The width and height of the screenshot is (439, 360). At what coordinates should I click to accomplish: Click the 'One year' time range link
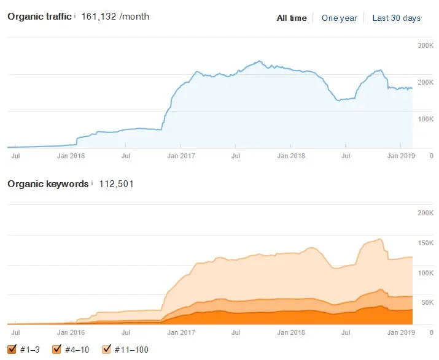pos(339,18)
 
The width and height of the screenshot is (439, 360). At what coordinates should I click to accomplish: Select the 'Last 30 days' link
pos(396,18)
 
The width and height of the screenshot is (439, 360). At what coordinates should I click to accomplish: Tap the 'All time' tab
pos(292,18)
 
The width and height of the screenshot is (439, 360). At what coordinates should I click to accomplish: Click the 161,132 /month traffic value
pos(115,17)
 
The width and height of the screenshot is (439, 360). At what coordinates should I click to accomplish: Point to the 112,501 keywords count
pos(116,184)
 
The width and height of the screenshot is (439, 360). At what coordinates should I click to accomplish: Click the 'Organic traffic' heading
pos(39,17)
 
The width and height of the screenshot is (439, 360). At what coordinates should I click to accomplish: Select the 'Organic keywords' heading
pos(48,184)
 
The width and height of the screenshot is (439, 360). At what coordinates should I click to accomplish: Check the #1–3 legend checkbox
pos(12,349)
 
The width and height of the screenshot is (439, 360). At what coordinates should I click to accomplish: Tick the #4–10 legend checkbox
pos(57,349)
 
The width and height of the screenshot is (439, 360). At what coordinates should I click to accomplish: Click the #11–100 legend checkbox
pos(107,349)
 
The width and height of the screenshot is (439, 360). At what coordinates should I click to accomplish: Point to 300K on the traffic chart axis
pos(425,45)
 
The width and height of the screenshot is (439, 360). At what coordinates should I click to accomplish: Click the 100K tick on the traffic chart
pos(425,119)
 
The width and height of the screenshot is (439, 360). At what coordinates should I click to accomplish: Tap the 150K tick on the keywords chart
pos(425,243)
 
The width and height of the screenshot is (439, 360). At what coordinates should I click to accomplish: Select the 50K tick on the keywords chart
pos(427,302)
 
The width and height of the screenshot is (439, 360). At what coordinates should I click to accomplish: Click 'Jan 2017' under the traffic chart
pos(181,156)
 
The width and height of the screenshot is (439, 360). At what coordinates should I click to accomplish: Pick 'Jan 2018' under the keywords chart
pos(291,332)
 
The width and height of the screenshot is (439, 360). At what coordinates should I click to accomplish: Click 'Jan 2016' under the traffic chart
pos(71,156)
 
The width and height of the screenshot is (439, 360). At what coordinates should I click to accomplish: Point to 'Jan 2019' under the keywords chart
pos(401,332)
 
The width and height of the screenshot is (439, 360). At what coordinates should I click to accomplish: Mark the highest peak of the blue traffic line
pos(260,61)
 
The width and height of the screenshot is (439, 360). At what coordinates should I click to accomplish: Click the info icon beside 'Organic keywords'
pos(92,183)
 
